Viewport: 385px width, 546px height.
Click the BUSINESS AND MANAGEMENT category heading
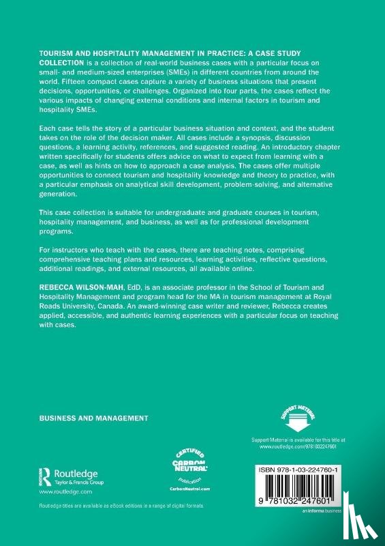pos(93,417)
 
